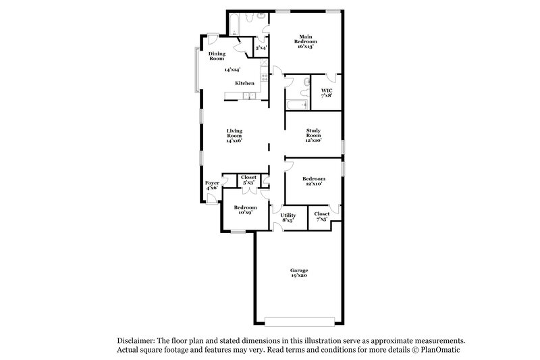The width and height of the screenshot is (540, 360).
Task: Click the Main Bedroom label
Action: click(306, 42)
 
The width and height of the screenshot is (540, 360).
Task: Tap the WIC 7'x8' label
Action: click(326, 93)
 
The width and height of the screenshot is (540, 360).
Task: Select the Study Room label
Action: click(313, 135)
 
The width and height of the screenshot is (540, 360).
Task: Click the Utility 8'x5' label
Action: click(288, 217)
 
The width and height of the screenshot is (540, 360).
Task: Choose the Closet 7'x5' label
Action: click(321, 216)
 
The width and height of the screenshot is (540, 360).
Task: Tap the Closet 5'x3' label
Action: click(248, 180)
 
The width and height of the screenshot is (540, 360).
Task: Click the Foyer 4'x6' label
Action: click(212, 185)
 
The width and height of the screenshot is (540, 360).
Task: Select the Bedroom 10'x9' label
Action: click(245, 209)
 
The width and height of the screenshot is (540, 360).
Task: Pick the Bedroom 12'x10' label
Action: click(313, 181)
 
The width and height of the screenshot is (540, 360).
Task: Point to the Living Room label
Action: click(234, 135)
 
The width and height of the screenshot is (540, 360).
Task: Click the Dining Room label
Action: click(217, 56)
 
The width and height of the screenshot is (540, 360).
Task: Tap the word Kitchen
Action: click(244, 83)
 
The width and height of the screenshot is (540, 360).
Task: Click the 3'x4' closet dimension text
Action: click(261, 48)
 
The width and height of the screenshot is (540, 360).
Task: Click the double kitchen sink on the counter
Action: click(249, 96)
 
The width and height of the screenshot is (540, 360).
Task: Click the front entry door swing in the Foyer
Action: click(212, 198)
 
